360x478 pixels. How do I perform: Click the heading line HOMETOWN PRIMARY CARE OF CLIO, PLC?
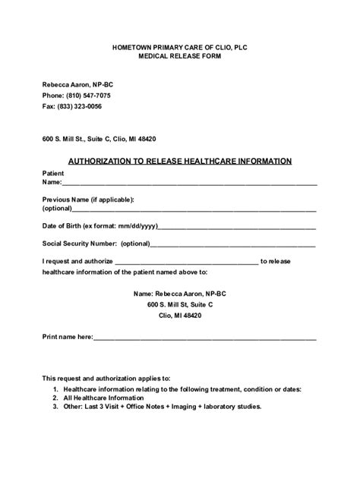180,48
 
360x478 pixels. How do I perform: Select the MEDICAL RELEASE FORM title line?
180,58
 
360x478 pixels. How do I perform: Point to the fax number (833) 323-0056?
83,107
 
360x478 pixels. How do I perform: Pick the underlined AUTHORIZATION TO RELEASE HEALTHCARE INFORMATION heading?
180,161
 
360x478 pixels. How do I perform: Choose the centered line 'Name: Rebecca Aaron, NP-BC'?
180,292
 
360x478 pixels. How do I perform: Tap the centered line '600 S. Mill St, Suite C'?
180,303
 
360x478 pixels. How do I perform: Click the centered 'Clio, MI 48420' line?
180,315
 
